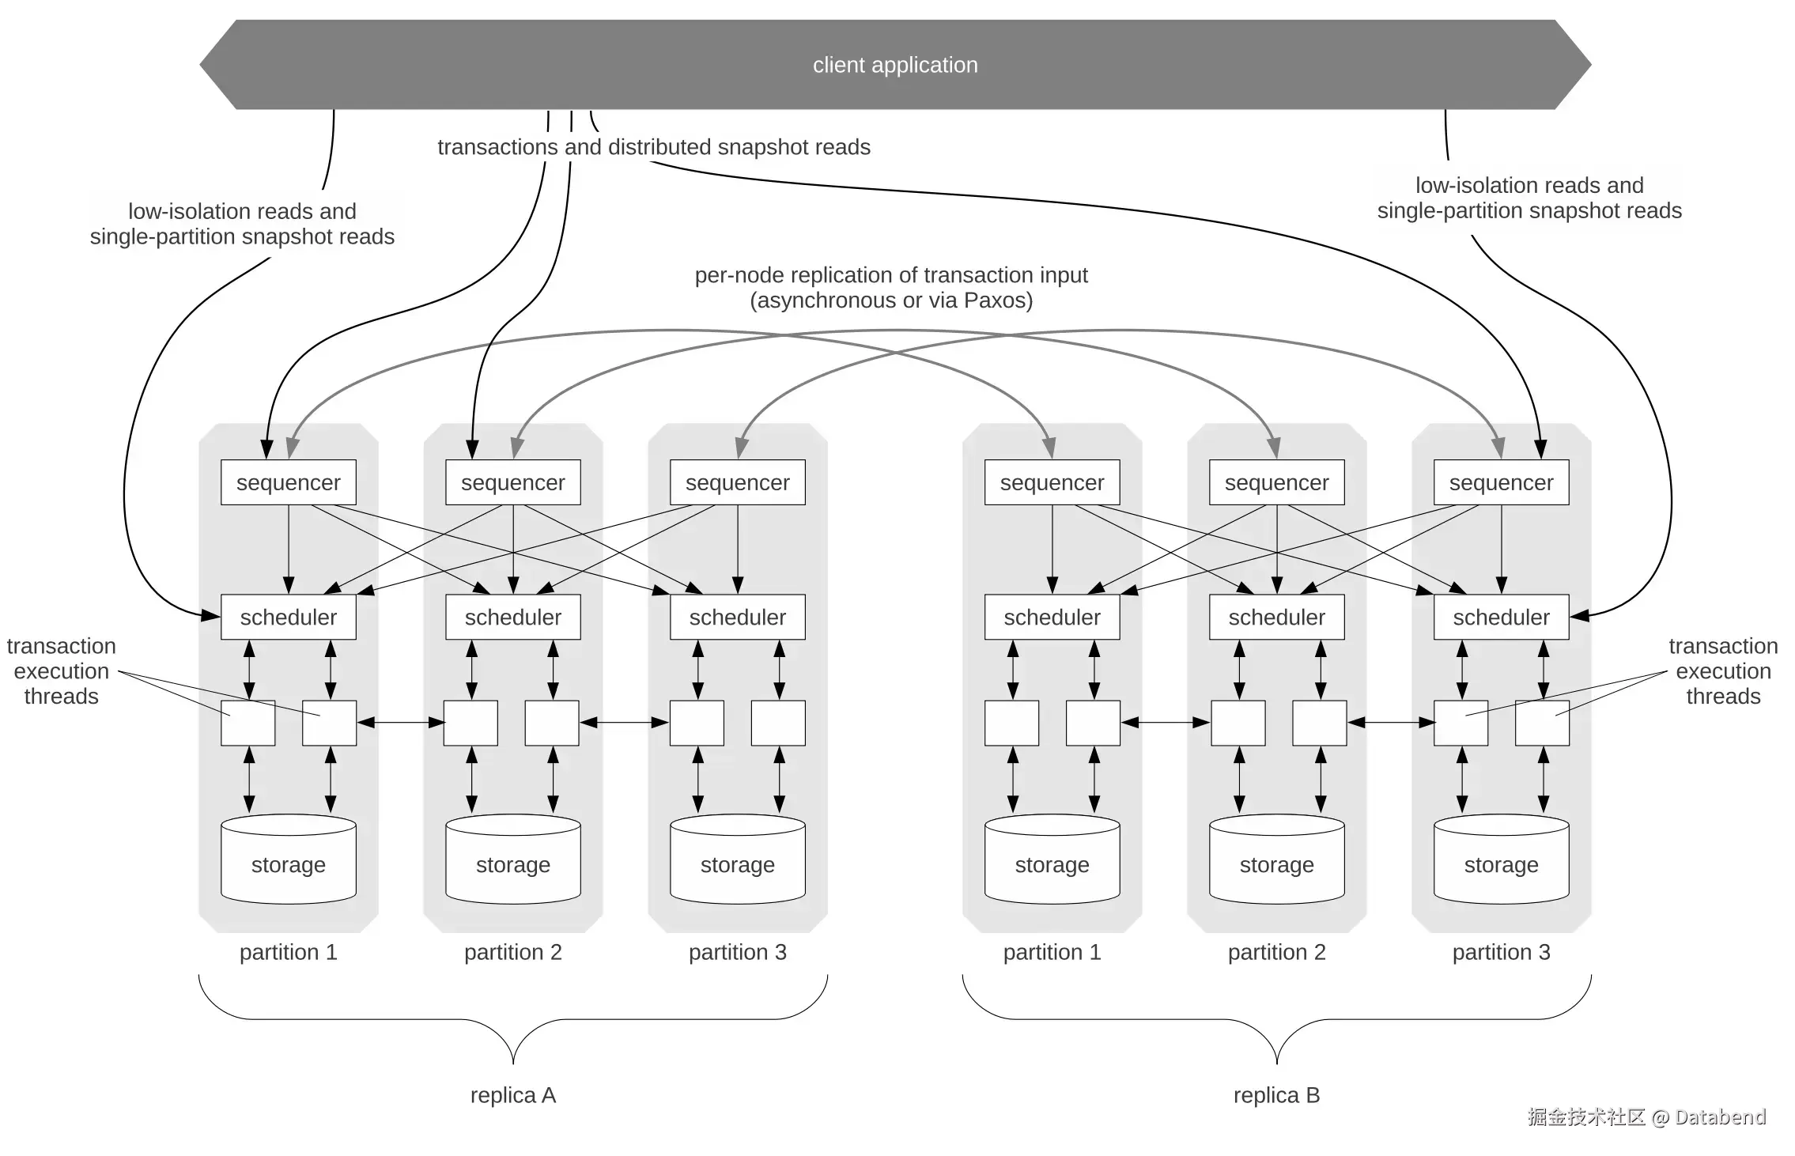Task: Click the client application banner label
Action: [x=894, y=65]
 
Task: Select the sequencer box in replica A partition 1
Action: [x=288, y=482]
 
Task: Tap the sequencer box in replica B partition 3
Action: [x=1501, y=482]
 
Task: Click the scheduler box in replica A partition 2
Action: [x=512, y=617]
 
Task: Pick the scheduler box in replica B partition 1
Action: [x=1052, y=617]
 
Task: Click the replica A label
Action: [x=512, y=1095]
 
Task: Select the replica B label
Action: [x=1276, y=1095]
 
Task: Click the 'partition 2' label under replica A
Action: [x=512, y=952]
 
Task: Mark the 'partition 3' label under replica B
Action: [x=1501, y=952]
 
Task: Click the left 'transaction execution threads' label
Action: [x=61, y=671]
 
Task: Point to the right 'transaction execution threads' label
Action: [x=1723, y=671]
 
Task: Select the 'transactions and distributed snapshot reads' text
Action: [x=654, y=147]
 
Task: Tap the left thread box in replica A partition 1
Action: [x=248, y=723]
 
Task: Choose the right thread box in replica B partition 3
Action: [x=1542, y=723]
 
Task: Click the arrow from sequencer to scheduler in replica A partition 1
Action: [x=288, y=550]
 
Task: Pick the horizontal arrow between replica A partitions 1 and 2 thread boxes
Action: [x=400, y=722]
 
